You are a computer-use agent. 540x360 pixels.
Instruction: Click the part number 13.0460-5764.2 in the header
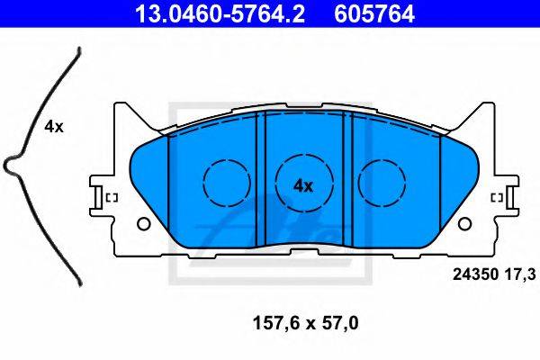[x=220, y=13]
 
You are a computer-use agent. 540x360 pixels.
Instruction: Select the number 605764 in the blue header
[x=374, y=13]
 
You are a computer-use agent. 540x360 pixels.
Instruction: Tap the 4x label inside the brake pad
[x=303, y=186]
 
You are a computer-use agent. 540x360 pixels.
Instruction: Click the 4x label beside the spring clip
[x=54, y=127]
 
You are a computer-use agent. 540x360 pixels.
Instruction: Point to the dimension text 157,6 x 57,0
[x=305, y=323]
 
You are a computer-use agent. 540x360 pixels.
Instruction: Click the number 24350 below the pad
[x=475, y=274]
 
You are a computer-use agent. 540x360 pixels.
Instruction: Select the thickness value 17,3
[x=520, y=274]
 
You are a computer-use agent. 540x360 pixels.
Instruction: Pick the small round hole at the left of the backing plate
[x=144, y=224]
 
